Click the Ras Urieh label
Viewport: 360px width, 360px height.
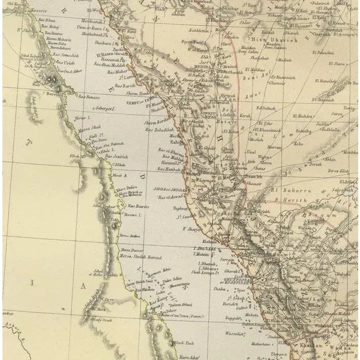coord(64,63)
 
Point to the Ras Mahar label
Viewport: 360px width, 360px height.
coord(117,71)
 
